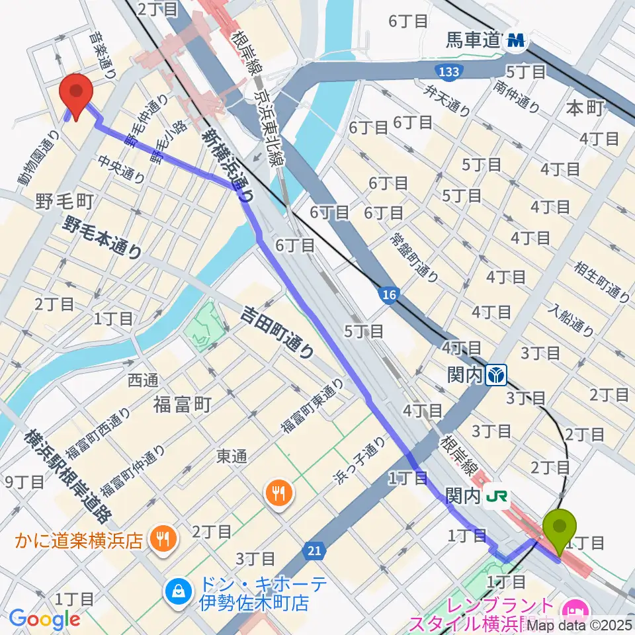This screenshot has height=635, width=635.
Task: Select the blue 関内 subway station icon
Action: coord(496,376)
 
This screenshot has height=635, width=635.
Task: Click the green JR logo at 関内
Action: coord(496,494)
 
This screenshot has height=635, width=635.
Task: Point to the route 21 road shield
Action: coord(316,550)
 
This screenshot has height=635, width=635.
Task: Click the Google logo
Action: coord(44,619)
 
